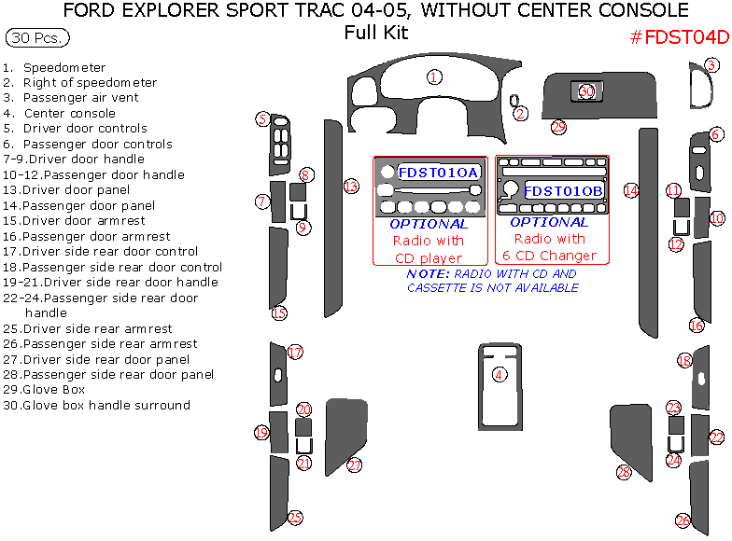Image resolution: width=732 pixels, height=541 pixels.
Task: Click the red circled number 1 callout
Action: (x=434, y=76)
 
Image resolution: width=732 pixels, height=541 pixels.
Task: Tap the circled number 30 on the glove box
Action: (x=586, y=91)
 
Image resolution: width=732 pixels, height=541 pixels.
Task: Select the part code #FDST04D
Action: (x=679, y=37)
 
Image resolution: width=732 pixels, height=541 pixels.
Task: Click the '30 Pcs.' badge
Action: (x=37, y=40)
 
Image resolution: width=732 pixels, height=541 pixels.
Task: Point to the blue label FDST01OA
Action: (x=439, y=173)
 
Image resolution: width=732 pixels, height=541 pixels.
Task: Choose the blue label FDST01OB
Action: (x=563, y=191)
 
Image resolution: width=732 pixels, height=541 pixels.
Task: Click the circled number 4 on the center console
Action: (x=500, y=374)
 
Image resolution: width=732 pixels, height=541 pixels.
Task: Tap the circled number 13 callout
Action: (x=351, y=186)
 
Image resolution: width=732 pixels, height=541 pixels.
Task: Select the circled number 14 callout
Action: (x=631, y=190)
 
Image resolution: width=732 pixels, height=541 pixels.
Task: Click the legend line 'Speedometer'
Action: (x=63, y=68)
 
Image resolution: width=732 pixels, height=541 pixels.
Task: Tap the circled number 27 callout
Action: (x=355, y=465)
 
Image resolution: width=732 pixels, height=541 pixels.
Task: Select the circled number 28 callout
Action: (x=624, y=473)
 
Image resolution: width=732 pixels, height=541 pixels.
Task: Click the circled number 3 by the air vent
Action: (x=711, y=65)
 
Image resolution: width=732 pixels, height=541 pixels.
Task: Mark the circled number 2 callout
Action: (x=521, y=114)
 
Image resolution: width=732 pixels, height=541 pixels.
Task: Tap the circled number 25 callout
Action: (x=295, y=518)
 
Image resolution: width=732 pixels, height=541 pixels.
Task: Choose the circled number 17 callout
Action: (x=295, y=353)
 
